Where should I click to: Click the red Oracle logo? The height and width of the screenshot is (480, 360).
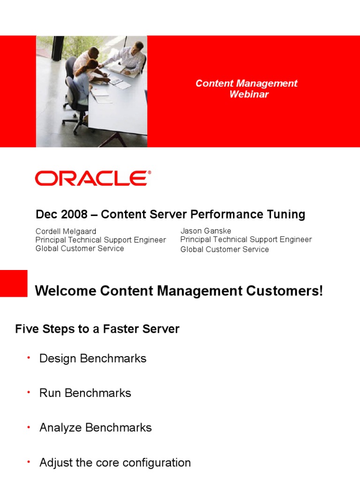coord(93,178)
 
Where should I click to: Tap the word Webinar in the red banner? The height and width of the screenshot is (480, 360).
coord(249,94)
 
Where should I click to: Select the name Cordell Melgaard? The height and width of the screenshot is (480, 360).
coord(66,231)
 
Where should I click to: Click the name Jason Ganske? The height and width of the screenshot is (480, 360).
coord(206,231)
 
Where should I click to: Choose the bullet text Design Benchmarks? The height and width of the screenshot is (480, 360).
coord(93,359)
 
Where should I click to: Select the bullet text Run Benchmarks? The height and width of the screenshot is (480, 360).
coord(85,393)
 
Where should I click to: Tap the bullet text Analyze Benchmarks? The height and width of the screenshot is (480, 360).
coord(96,427)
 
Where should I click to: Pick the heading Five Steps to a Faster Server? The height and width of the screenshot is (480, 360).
coord(97,329)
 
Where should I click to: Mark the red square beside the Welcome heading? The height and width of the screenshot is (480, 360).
coord(14,284)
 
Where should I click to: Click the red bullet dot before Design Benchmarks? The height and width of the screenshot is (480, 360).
coord(29,358)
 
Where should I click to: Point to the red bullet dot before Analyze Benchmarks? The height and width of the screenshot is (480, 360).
coord(29,427)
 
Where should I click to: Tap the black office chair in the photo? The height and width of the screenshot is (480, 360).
coord(74,95)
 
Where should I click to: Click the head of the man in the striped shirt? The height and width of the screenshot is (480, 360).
coord(138,47)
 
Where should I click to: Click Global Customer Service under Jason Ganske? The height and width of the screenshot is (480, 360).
coord(225,249)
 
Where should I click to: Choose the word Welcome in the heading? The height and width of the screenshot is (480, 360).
coord(66,291)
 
